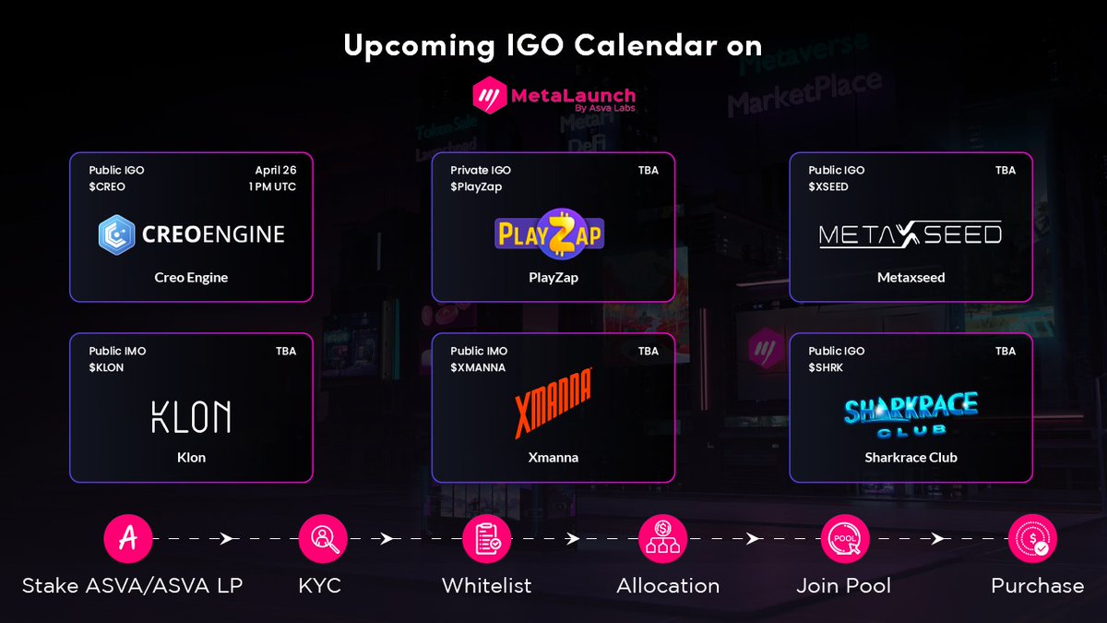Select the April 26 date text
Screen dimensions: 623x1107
click(x=276, y=170)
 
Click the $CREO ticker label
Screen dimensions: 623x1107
click(x=107, y=186)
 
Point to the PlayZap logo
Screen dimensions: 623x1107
click(x=550, y=234)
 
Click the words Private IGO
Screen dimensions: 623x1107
click(x=481, y=170)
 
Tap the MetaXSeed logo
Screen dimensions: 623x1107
click(x=911, y=235)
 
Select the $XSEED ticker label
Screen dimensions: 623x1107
click(x=828, y=186)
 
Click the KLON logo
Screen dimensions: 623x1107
click(x=191, y=416)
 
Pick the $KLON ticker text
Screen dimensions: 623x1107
click(x=106, y=367)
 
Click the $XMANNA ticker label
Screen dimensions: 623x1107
click(x=478, y=367)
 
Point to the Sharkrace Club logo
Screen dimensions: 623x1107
click(x=911, y=413)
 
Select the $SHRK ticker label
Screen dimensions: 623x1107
click(x=826, y=367)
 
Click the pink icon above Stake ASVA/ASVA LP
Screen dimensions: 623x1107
click(x=128, y=539)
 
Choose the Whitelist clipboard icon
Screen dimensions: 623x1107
click(x=486, y=539)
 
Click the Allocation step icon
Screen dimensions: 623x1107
click(x=663, y=539)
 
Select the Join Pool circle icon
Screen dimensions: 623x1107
click(x=844, y=539)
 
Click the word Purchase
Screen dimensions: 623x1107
click(x=1037, y=586)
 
